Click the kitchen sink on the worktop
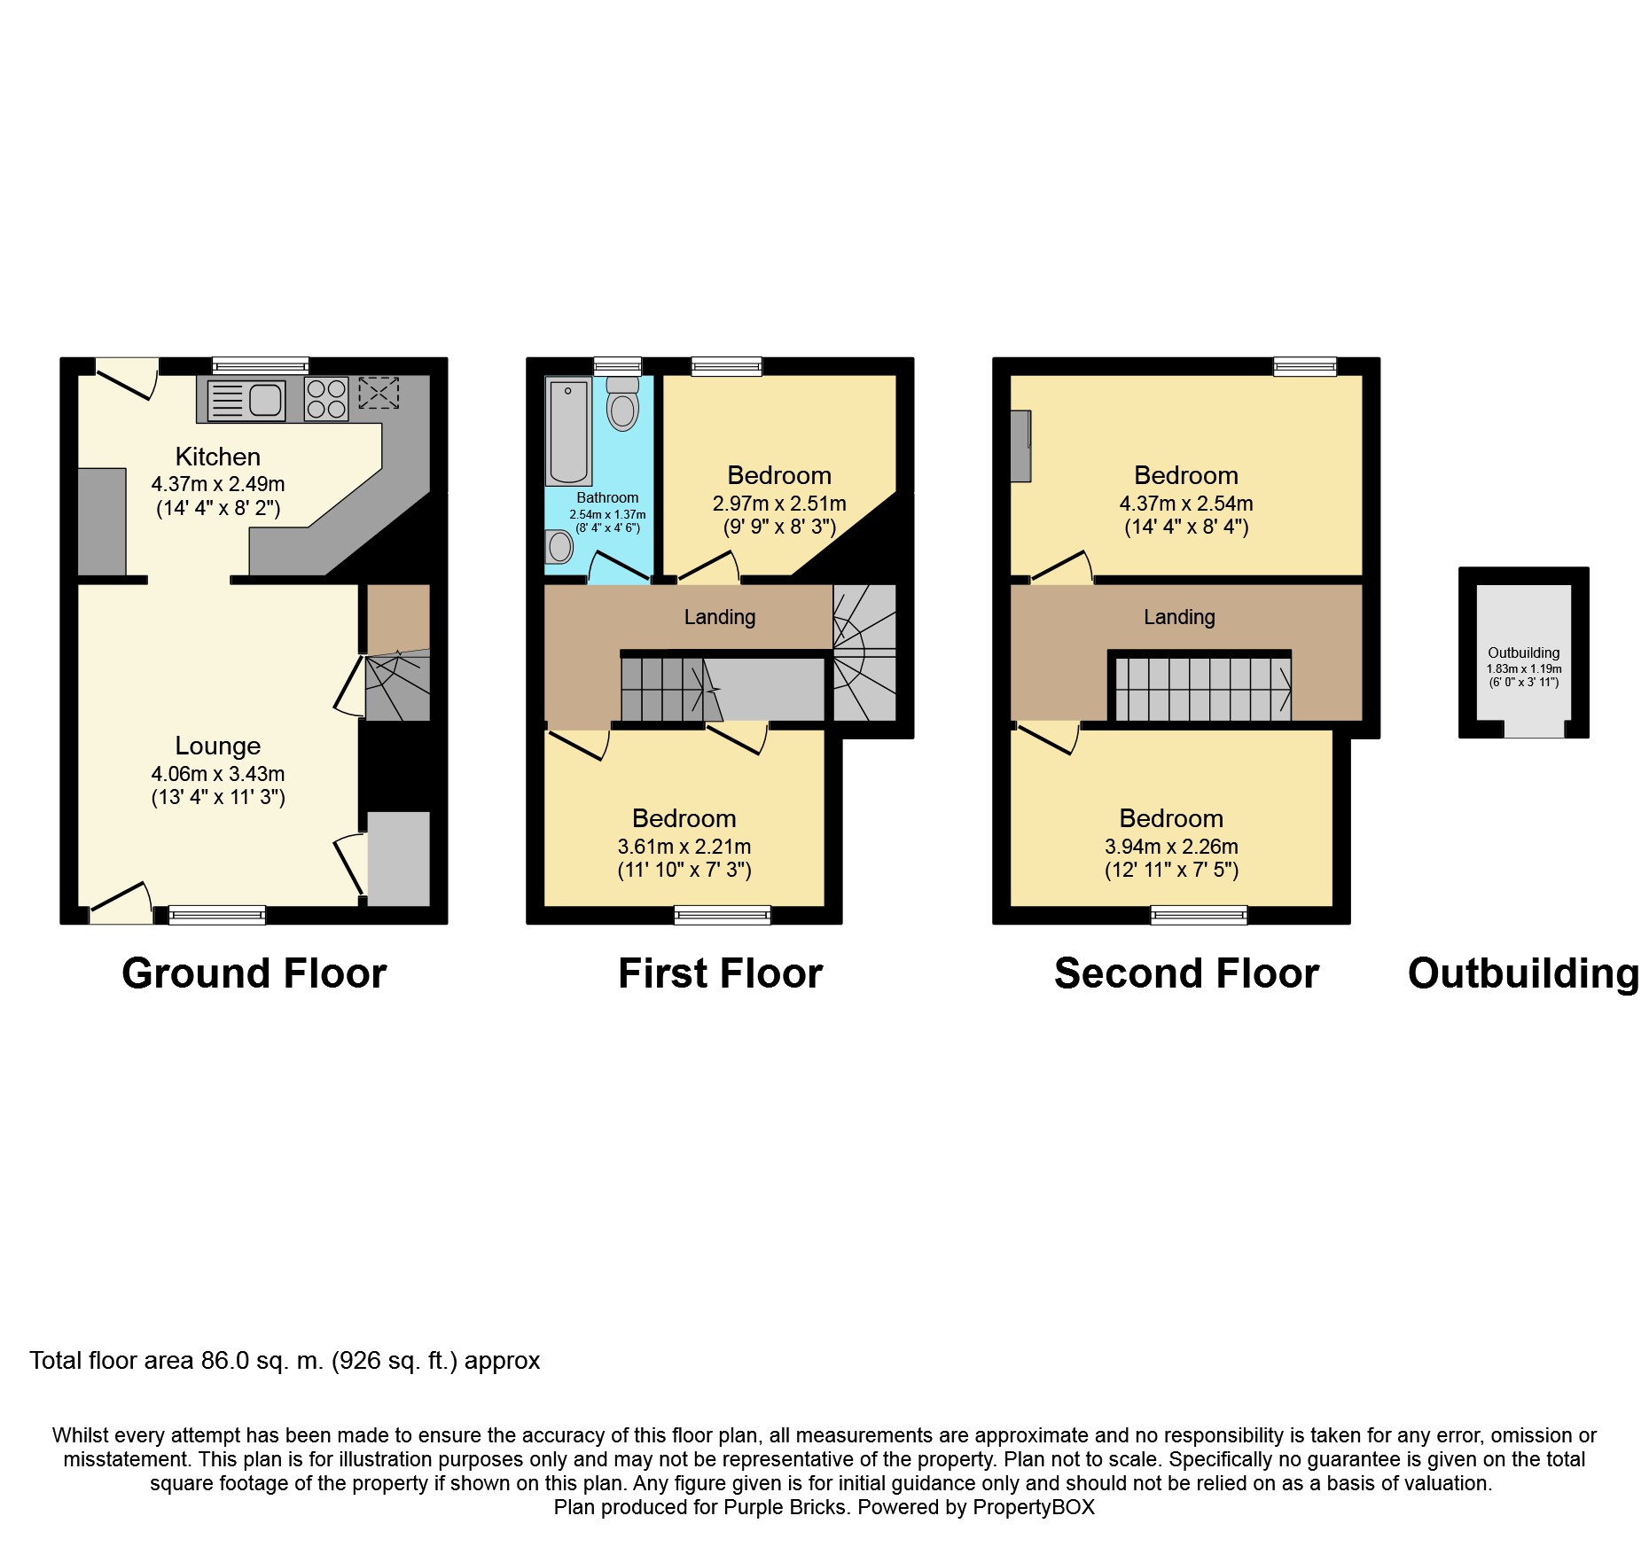tap(247, 401)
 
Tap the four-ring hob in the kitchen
tap(326, 399)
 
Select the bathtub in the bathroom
tap(568, 431)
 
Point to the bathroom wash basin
tap(559, 546)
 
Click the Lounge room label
tap(218, 746)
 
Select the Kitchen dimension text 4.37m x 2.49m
tap(218, 484)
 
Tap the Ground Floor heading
tap(254, 973)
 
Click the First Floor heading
tap(720, 973)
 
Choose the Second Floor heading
tap(1186, 973)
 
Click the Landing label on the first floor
tap(720, 617)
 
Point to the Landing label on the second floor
tap(1179, 617)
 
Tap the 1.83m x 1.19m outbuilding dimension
tap(1524, 669)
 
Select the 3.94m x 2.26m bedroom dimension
tap(1171, 847)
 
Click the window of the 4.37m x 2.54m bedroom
tap(1305, 366)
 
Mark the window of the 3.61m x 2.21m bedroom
tap(723, 915)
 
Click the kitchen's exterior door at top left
tap(127, 377)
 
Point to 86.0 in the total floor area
tap(225, 1361)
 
